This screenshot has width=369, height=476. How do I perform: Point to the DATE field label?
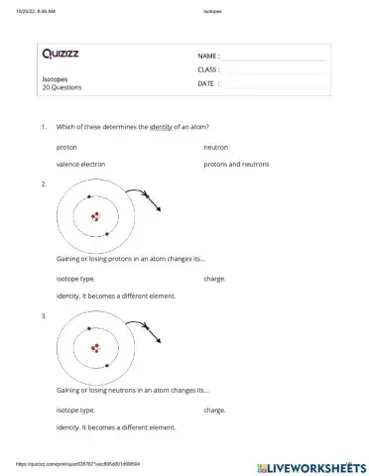pyautogui.click(x=207, y=84)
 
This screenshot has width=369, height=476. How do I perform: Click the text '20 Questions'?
pyautogui.click(x=61, y=87)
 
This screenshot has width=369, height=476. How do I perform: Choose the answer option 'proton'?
pyautogui.click(x=67, y=146)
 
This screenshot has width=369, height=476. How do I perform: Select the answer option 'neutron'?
pyautogui.click(x=215, y=146)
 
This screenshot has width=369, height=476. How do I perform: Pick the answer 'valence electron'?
pyautogui.click(x=80, y=165)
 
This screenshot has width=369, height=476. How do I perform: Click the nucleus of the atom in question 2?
pyautogui.click(x=96, y=216)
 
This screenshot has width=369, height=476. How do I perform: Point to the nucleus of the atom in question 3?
pyautogui.click(x=96, y=347)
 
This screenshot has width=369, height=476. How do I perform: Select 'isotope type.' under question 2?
pyautogui.click(x=75, y=279)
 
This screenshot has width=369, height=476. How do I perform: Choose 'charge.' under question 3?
pyautogui.click(x=214, y=410)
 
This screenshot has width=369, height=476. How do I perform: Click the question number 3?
pyautogui.click(x=43, y=315)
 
